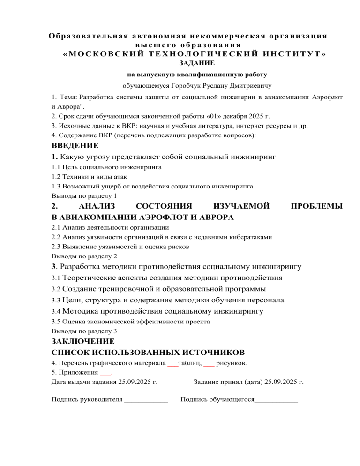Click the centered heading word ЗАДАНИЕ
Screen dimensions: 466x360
coord(196,62)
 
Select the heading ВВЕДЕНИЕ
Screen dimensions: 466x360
coord(75,145)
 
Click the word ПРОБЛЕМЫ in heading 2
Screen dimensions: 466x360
coord(317,206)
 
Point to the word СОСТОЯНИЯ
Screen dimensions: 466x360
coord(164,206)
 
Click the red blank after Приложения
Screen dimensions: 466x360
coord(105,373)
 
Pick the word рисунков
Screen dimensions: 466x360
coord(232,363)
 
